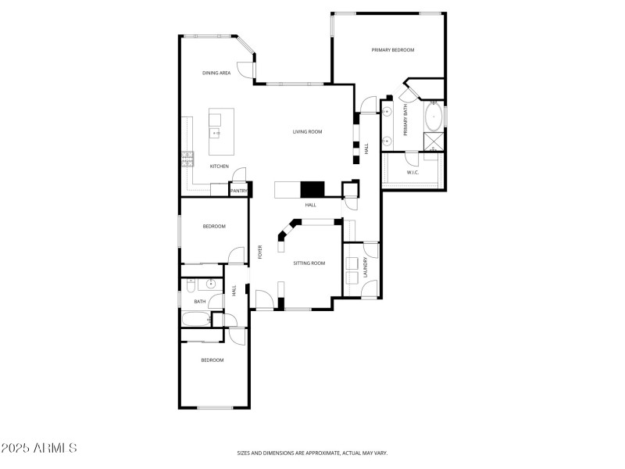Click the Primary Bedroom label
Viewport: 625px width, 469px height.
click(x=392, y=50)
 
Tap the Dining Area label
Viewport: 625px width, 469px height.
click(x=216, y=73)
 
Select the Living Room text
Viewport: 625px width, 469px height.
click(x=307, y=132)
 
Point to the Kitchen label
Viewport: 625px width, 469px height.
click(x=219, y=166)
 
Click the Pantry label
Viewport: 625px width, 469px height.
click(x=238, y=190)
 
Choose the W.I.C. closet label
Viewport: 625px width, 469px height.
click(x=413, y=172)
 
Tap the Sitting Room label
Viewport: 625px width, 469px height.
click(x=309, y=263)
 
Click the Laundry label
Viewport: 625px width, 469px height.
click(x=366, y=268)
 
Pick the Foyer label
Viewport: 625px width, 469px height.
click(x=259, y=252)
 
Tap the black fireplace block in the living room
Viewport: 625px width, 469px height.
click(x=312, y=189)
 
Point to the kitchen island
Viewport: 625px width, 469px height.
click(x=216, y=126)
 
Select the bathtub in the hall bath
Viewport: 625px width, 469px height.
click(x=195, y=319)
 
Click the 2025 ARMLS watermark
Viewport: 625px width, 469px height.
click(x=39, y=449)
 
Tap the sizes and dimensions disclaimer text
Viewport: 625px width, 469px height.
click(x=312, y=453)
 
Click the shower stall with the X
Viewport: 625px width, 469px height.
click(x=434, y=141)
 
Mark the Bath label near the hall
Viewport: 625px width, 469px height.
click(x=200, y=301)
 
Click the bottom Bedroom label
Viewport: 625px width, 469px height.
click(x=212, y=360)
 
